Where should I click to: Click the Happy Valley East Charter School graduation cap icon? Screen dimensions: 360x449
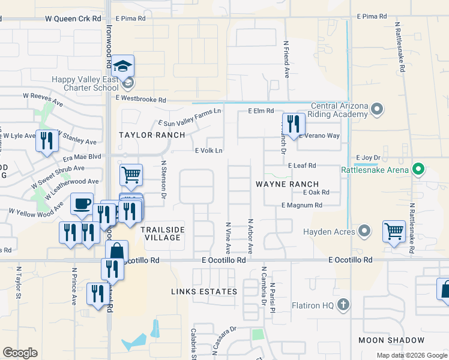point(122,67)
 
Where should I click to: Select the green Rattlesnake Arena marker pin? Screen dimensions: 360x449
point(420,170)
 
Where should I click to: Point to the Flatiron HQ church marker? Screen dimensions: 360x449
point(343,305)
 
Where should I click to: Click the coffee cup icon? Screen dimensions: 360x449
point(81,203)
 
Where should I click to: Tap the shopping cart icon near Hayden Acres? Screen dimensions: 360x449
point(394,231)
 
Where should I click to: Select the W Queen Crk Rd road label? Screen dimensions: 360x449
point(73,19)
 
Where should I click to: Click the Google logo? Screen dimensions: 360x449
point(20,353)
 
